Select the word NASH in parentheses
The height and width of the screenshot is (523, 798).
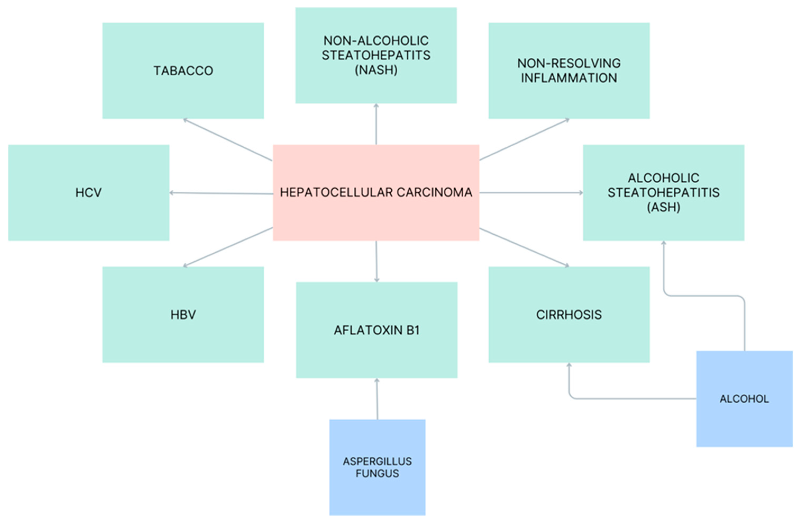pyautogui.click(x=376, y=70)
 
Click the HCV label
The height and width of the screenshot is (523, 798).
pyautogui.click(x=89, y=193)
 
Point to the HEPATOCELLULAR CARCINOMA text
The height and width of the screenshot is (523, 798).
pyautogui.click(x=376, y=193)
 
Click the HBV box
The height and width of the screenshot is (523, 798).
pyautogui.click(x=183, y=315)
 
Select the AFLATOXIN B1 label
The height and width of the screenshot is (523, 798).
pyautogui.click(x=377, y=330)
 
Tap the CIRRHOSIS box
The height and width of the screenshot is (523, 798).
pyautogui.click(x=569, y=315)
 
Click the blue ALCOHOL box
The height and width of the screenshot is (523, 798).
pyautogui.click(x=744, y=399)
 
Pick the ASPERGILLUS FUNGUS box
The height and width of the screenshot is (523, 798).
pyautogui.click(x=377, y=467)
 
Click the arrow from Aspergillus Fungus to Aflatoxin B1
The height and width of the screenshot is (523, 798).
pyautogui.click(x=377, y=399)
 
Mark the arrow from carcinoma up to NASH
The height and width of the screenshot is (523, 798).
pyautogui.click(x=376, y=124)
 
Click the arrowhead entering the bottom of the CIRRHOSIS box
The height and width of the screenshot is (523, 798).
pyautogui.click(x=569, y=366)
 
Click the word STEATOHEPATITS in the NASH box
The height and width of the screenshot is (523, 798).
pyautogui.click(x=376, y=55)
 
